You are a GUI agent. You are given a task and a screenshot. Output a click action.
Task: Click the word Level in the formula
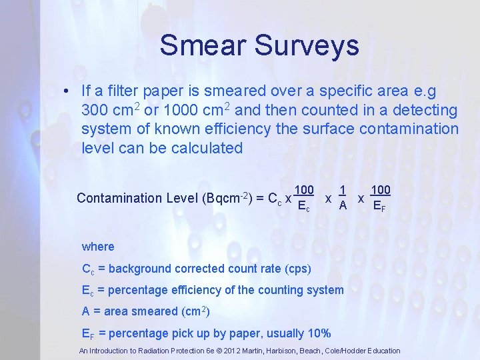181,198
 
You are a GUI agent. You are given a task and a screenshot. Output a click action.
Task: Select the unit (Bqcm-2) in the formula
225,198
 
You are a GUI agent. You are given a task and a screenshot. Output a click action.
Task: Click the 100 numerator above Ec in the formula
304,190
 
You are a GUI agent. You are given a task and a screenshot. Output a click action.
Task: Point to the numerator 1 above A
342,190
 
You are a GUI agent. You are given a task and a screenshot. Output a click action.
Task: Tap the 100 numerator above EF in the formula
380,190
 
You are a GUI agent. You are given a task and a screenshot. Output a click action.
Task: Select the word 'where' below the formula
98,247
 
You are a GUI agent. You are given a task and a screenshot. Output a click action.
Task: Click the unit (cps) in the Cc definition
297,269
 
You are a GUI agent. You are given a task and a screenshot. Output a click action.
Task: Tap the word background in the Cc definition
137,269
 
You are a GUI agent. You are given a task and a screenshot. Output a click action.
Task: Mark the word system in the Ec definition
327,290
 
